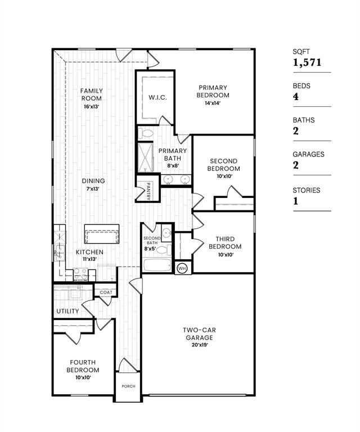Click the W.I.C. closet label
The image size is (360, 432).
coord(157,97)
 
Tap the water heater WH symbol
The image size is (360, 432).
coord(182,268)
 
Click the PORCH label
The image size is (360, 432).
coord(128,387)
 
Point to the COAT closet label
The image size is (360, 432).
coord(106,292)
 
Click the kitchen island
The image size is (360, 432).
coord(102,232)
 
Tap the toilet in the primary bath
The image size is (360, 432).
coord(146,133)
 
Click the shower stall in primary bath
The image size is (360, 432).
coord(145,157)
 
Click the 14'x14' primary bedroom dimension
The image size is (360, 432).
coord(212,103)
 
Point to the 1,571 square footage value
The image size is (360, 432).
coord(307,63)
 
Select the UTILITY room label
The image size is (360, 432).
coord(67,311)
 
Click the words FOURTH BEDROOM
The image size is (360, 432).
coord(83,366)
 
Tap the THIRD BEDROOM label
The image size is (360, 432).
coord(225,243)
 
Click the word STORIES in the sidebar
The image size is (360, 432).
coord(306,190)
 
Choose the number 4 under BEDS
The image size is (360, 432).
coord(296,97)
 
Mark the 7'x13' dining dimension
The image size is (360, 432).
coord(93,189)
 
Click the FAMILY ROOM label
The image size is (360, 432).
coord(91,94)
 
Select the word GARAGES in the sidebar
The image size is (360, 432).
coord(308,154)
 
